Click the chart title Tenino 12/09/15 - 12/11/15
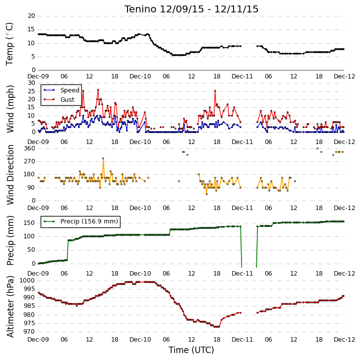tap(191, 9)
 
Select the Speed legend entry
tap(61, 90)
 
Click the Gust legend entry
tap(59, 99)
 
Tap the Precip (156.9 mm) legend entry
tap(81, 221)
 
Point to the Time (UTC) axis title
tap(191, 350)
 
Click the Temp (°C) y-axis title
tap(9, 44)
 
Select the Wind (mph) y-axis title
tap(10, 109)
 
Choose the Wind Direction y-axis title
tap(10, 175)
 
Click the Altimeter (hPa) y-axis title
tap(10, 306)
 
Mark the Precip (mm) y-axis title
tap(10, 240)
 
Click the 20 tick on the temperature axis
tap(31, 16)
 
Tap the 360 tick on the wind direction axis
tap(30, 148)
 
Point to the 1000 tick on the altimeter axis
tap(27, 280)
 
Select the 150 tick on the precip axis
tap(30, 223)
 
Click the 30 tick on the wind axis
tap(31, 83)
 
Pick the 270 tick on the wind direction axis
tap(30, 161)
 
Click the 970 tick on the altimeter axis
tap(30, 332)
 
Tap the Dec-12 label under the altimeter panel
tap(345, 340)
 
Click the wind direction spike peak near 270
tap(103, 158)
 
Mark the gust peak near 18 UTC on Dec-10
tap(215, 91)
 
